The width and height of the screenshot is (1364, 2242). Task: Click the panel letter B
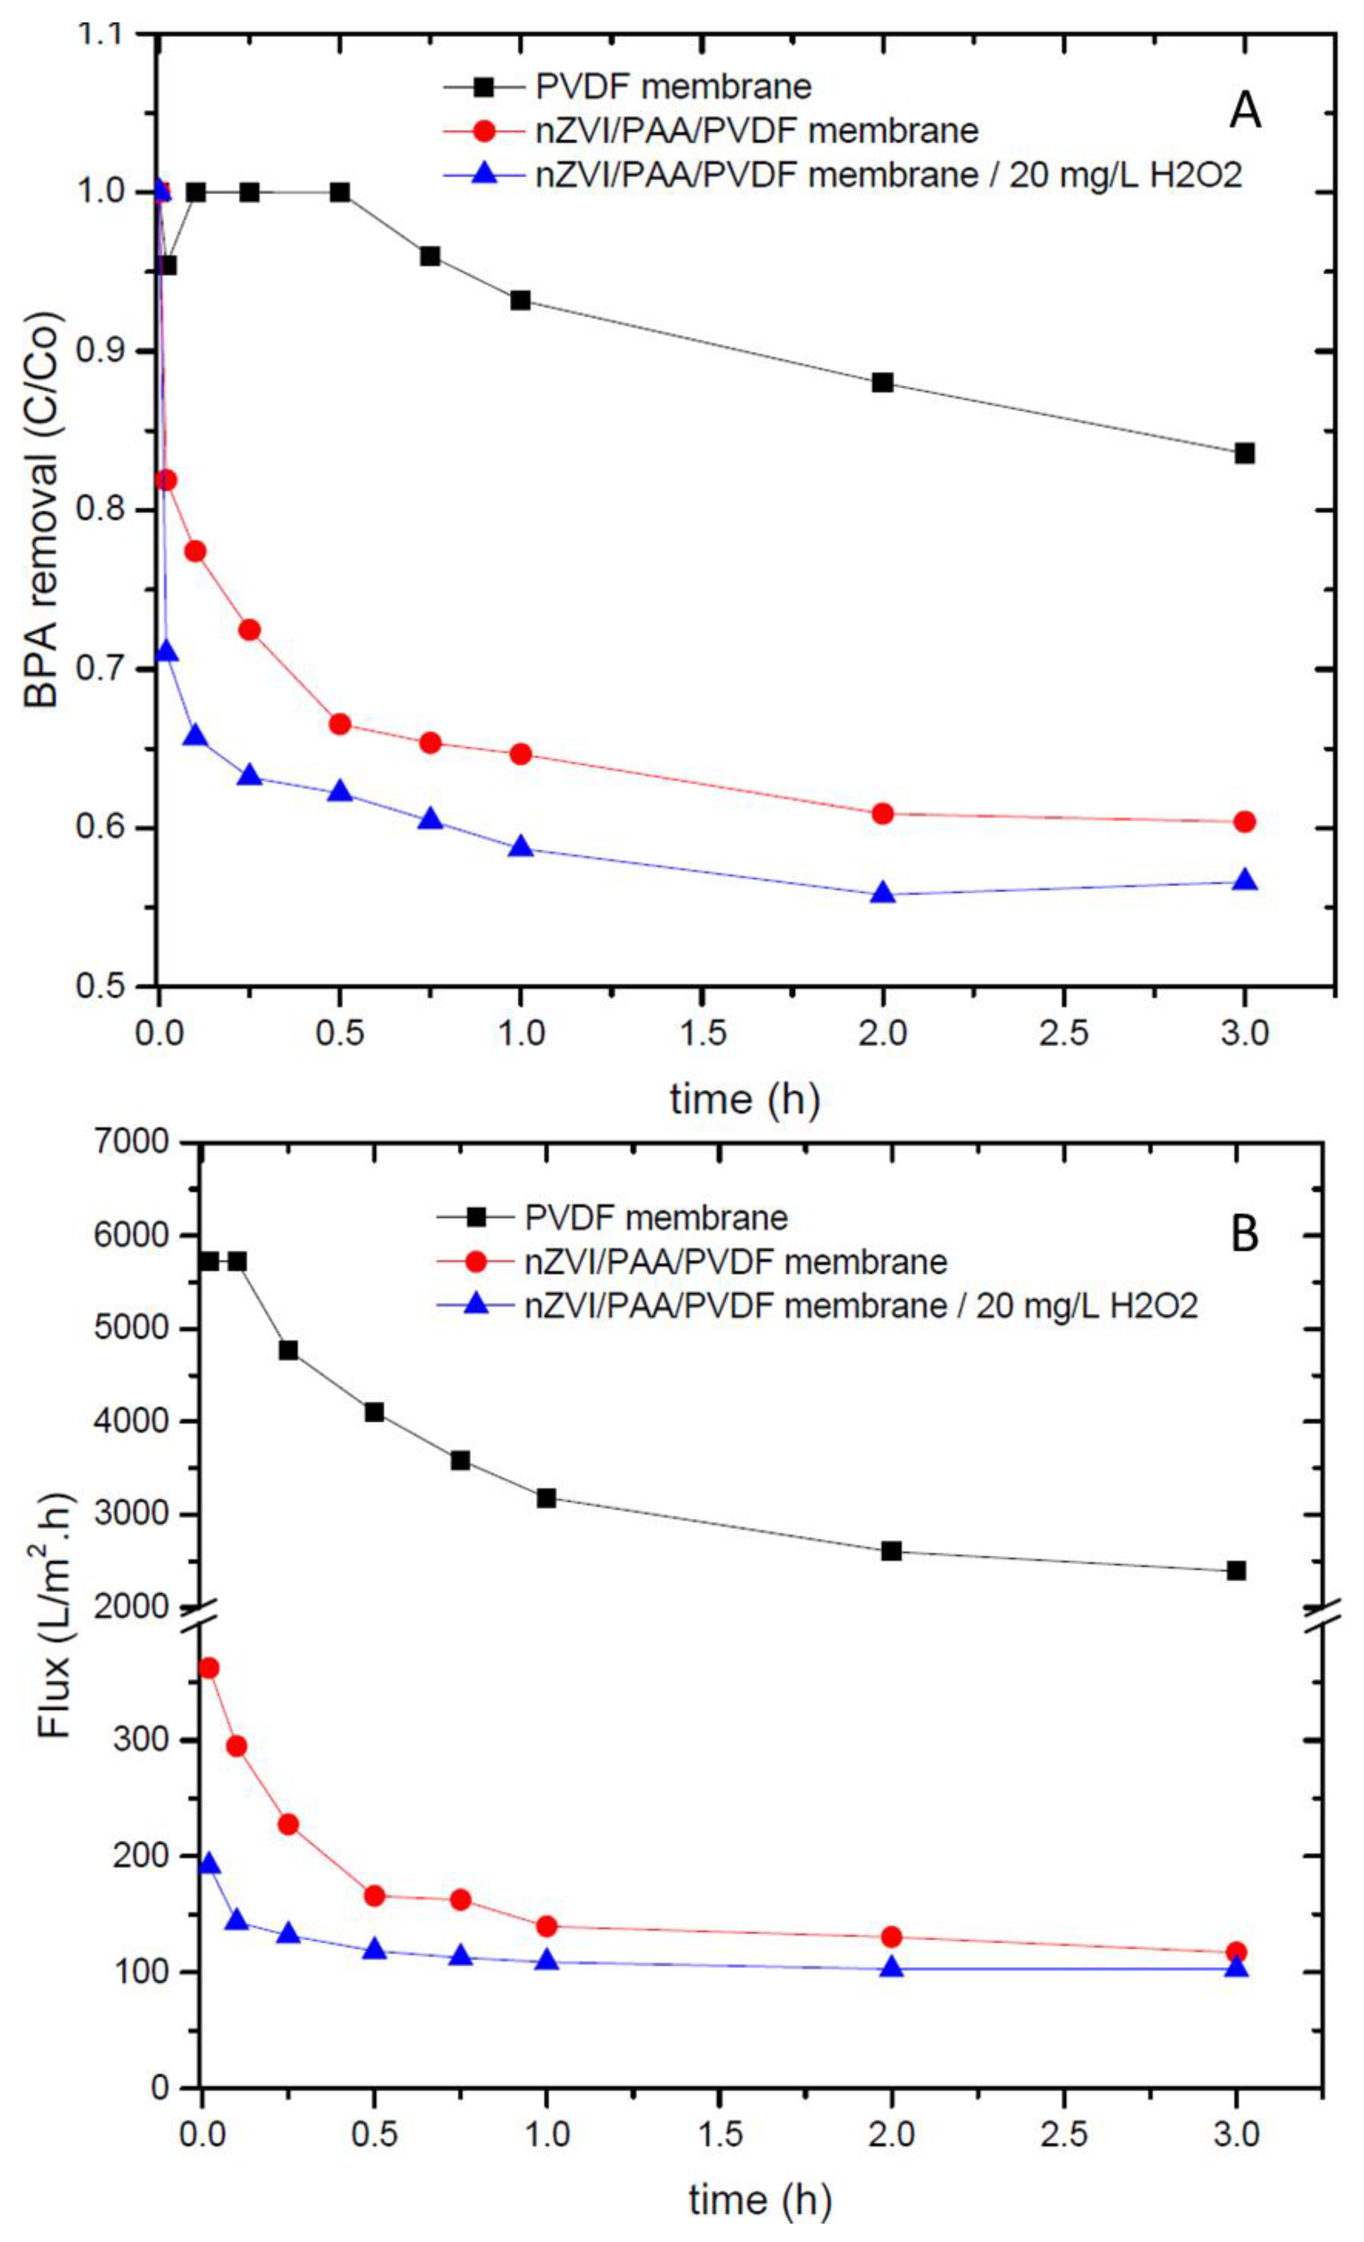(x=1244, y=1235)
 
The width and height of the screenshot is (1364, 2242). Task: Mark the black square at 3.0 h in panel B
(x=1236, y=1571)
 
